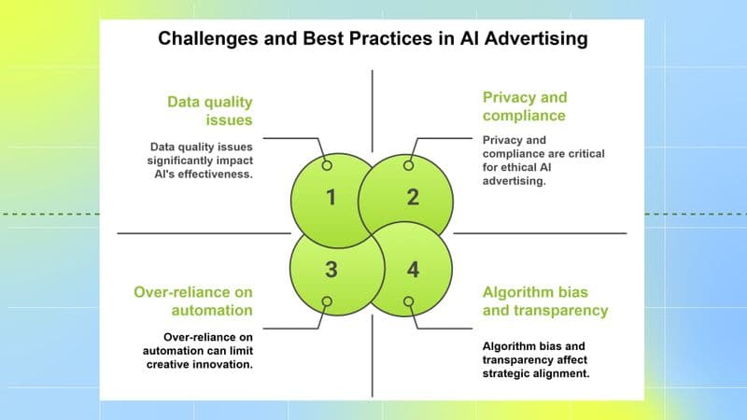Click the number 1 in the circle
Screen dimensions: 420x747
click(329, 197)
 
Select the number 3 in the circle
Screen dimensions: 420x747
click(329, 271)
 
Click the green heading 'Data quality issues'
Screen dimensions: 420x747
click(211, 110)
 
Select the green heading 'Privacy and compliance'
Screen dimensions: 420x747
click(524, 106)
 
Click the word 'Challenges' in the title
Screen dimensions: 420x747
click(202, 39)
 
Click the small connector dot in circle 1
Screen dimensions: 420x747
click(327, 165)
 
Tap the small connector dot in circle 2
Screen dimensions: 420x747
click(408, 165)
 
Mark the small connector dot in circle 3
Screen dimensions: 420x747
click(327, 301)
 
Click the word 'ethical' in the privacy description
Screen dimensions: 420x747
click(526, 169)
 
